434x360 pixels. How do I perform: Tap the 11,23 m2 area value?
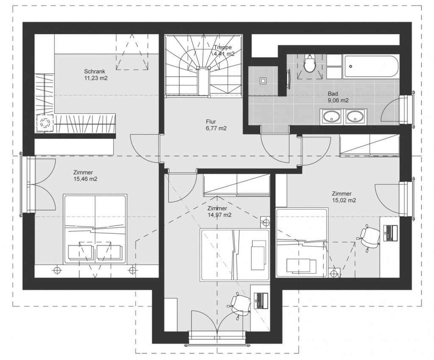96,78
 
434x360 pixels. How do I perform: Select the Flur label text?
211,122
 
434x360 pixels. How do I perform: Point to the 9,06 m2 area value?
338,100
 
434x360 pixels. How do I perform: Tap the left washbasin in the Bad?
331,116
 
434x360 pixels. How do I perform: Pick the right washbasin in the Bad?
355,116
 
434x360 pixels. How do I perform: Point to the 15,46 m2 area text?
86,179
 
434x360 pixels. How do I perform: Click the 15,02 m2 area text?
344,200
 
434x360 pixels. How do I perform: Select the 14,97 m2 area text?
220,215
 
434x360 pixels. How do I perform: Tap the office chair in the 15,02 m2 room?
369,237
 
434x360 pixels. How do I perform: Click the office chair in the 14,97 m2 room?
240,305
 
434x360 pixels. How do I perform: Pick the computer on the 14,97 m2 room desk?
261,301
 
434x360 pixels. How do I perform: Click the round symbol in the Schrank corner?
44,122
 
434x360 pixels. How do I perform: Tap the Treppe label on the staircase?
223,47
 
